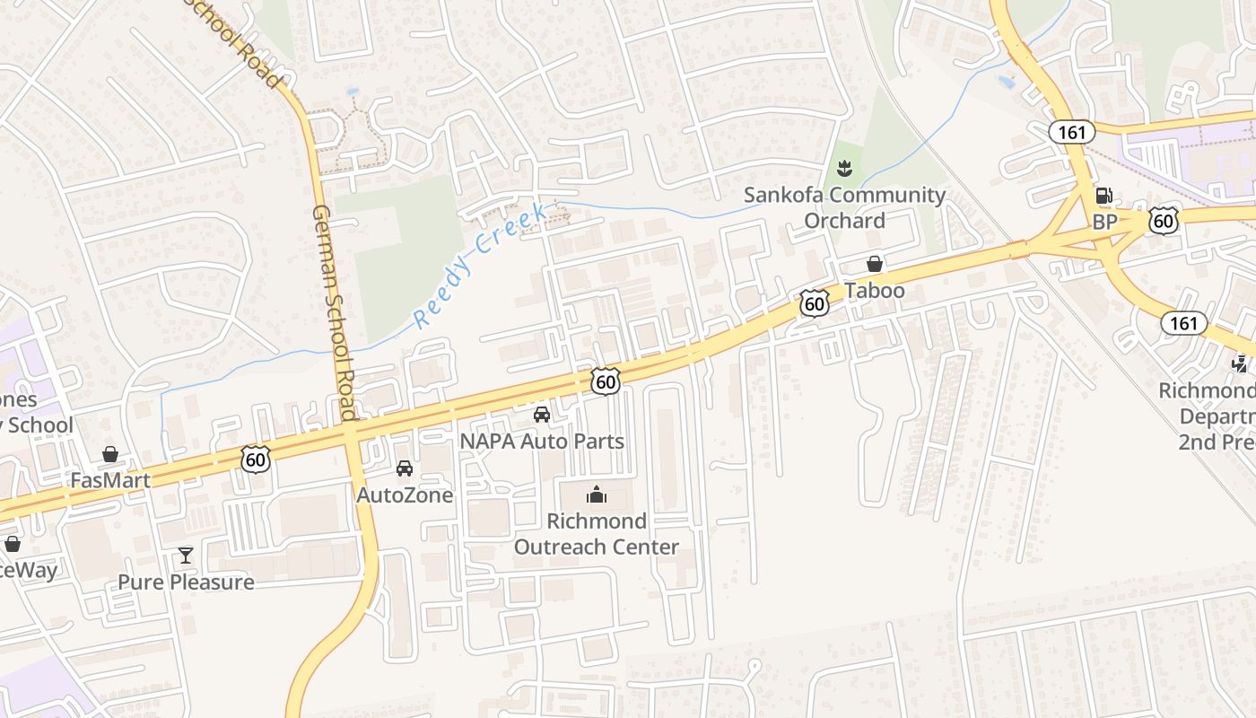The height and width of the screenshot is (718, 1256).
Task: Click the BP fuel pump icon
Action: (1103, 196)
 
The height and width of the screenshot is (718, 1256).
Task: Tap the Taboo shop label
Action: (874, 291)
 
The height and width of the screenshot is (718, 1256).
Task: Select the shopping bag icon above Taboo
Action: (874, 264)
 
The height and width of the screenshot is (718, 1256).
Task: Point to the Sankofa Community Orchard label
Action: (844, 207)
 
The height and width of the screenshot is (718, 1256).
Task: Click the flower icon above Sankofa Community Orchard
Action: (843, 167)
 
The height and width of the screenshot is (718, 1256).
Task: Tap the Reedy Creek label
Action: (480, 266)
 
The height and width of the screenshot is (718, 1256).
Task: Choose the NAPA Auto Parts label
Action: (542, 441)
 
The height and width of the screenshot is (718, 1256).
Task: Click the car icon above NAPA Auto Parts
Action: (542, 414)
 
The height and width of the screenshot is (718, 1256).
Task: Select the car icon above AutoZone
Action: (405, 468)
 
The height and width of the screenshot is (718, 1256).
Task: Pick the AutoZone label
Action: (405, 495)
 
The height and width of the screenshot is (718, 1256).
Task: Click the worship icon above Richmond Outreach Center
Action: (597, 495)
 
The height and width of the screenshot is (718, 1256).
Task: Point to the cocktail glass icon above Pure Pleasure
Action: (186, 556)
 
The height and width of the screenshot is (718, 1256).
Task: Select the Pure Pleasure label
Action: (186, 582)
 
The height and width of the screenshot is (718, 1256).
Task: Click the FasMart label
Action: (110, 480)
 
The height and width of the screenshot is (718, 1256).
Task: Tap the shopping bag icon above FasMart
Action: (110, 454)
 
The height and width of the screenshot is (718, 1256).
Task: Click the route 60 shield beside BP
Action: (1163, 220)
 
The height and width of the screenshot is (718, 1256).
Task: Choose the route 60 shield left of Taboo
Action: (814, 303)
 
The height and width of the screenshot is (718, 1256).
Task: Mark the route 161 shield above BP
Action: (1071, 133)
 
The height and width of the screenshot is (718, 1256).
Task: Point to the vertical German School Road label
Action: (335, 312)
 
